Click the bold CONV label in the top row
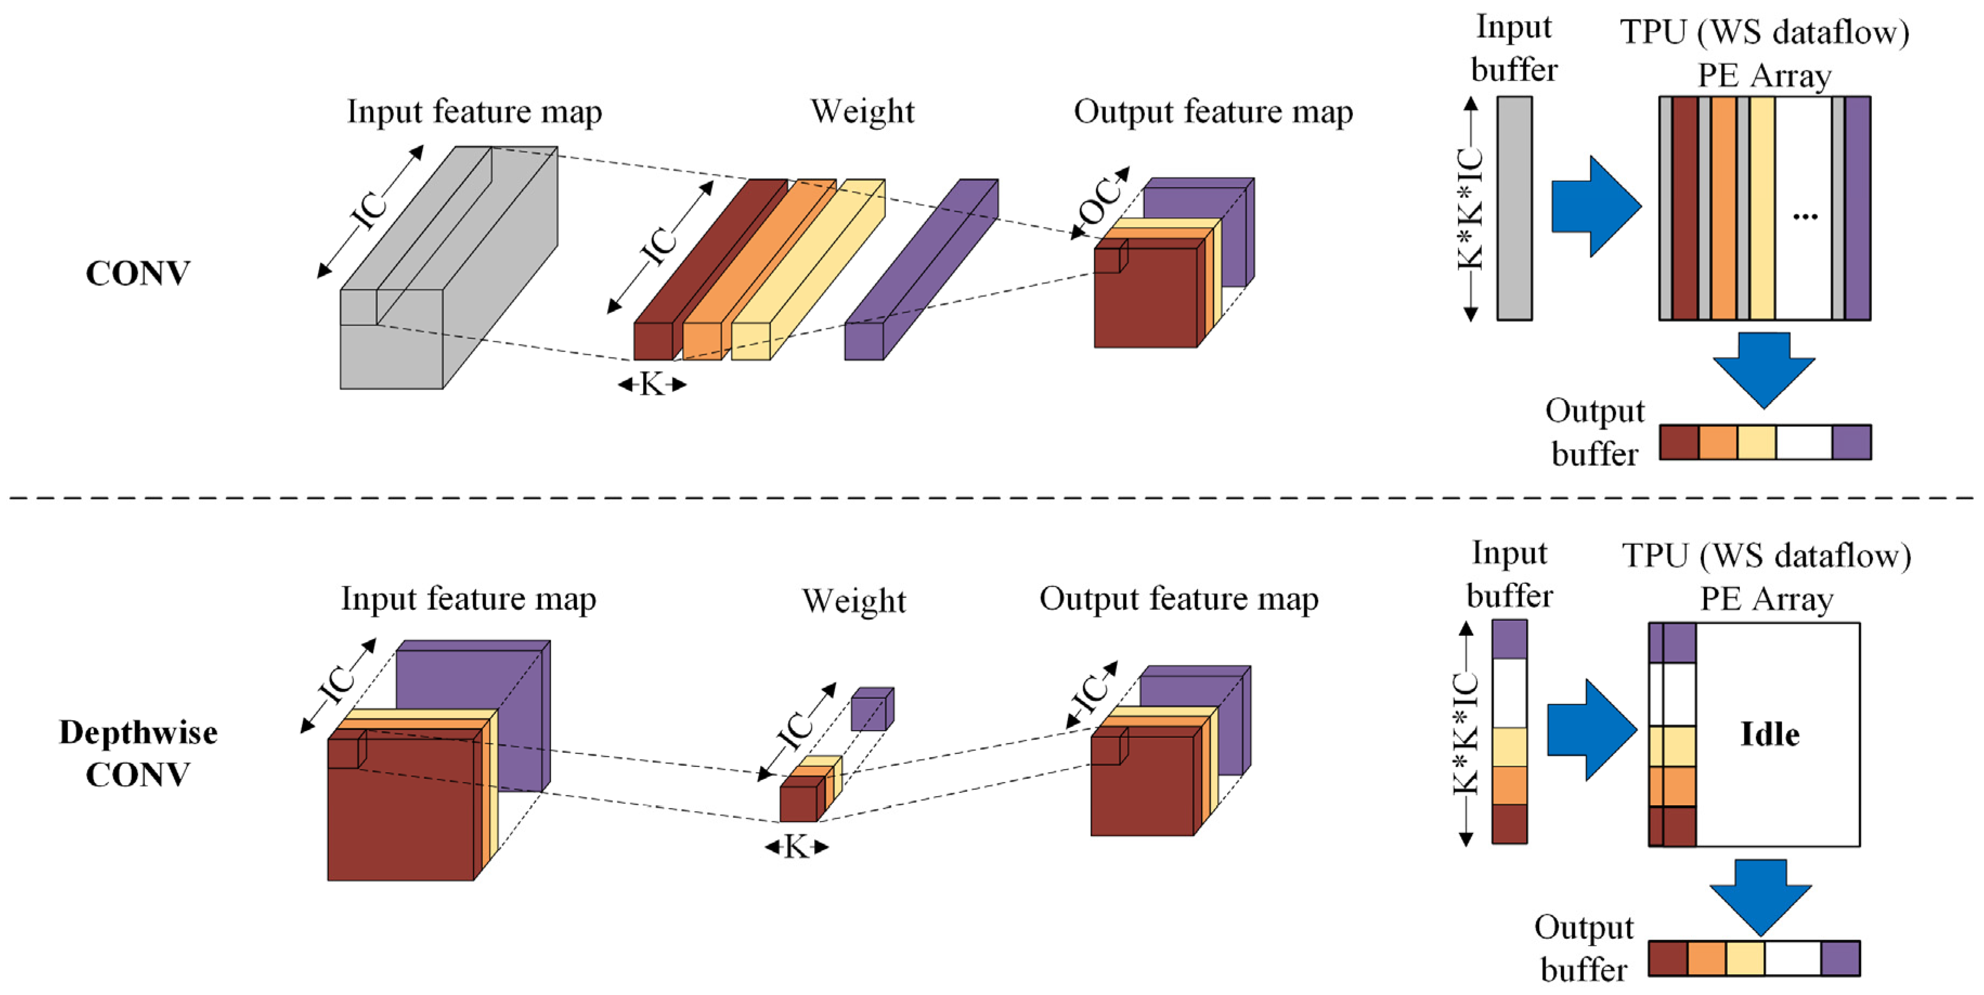pos(137,274)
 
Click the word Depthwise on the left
pos(138,732)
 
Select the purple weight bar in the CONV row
pos(920,270)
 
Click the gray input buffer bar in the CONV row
pos(1514,208)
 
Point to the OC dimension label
pos(1100,202)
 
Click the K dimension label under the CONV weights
pos(652,383)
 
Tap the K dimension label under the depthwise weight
pos(796,847)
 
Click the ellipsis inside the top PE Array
pos(1805,217)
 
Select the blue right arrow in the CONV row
pos(1595,206)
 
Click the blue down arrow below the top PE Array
pos(1763,368)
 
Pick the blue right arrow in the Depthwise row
pos(1591,729)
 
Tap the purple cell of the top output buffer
pos(1851,442)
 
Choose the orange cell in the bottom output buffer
pos(1706,958)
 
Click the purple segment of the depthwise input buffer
pos(1509,639)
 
